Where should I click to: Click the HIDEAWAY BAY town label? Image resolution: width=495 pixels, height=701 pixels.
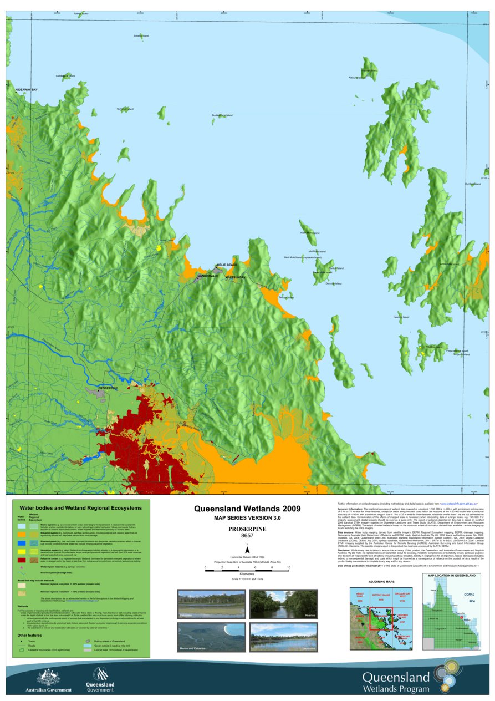[22, 89]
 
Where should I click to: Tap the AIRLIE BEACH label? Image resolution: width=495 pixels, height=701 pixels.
[226, 265]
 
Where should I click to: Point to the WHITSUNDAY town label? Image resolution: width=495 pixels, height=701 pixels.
[236, 277]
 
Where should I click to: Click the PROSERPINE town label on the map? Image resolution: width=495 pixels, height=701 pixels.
[108, 388]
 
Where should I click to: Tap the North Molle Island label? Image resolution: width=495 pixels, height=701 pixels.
[310, 233]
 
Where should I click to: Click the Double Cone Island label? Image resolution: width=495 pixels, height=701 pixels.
[222, 115]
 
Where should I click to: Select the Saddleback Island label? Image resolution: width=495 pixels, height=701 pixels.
[65, 75]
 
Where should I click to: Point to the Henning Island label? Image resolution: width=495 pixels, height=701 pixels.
[401, 317]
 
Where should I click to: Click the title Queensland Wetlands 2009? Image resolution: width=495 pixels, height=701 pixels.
[247, 508]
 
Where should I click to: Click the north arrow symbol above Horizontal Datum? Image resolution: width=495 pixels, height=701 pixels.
[248, 549]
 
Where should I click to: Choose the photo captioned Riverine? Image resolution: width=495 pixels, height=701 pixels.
[283, 605]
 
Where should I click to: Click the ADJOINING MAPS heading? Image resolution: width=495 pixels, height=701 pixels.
[381, 582]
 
